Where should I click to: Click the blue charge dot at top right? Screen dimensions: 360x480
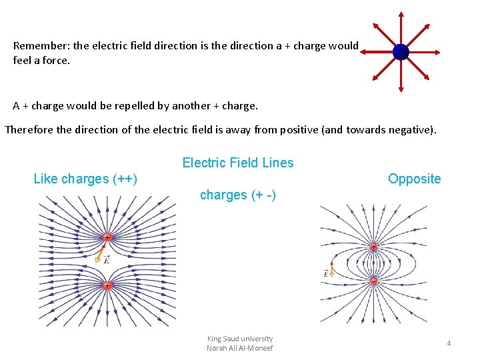[401, 52]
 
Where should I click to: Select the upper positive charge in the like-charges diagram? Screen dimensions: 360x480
[107, 237]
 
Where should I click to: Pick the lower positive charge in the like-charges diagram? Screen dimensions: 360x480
[107, 285]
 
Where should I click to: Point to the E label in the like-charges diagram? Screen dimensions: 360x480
[107, 261]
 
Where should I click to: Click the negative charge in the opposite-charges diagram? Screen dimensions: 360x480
[373, 281]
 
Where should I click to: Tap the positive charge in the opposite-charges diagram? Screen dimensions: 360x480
[373, 247]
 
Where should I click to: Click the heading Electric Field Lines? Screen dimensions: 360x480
[238, 163]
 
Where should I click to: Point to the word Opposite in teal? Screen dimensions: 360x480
[415, 179]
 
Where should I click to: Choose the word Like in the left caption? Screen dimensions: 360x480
[45, 179]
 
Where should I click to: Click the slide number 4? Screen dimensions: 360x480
[449, 343]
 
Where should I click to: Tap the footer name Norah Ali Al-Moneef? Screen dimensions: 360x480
[240, 348]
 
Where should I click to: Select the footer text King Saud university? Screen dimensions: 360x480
[240, 339]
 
